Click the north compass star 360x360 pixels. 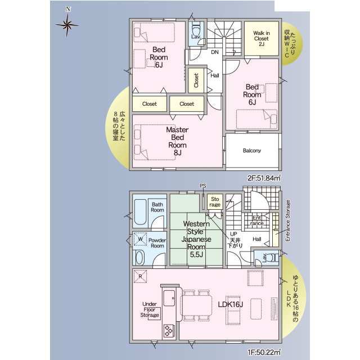tap(67, 25)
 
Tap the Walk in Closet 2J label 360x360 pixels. tap(262, 38)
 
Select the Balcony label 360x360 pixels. tap(252, 151)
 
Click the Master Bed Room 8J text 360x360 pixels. tap(177, 141)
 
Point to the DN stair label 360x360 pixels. tap(215, 52)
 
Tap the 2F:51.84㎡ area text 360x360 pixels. tap(264, 178)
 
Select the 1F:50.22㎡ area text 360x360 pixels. tap(264, 352)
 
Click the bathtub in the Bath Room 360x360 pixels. tap(140, 212)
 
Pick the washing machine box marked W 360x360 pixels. tap(140, 238)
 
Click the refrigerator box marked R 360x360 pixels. tap(140, 276)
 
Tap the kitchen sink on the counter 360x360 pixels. tap(169, 298)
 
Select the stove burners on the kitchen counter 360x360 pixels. tap(169, 330)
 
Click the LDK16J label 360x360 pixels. tap(230, 304)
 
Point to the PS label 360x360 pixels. tap(203, 186)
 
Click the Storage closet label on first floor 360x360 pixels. tap(215, 202)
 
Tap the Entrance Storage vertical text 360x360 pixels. tap(287, 220)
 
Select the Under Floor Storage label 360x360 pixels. tap(150, 309)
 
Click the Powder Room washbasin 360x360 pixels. tap(139, 258)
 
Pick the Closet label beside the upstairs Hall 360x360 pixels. tap(196, 80)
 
